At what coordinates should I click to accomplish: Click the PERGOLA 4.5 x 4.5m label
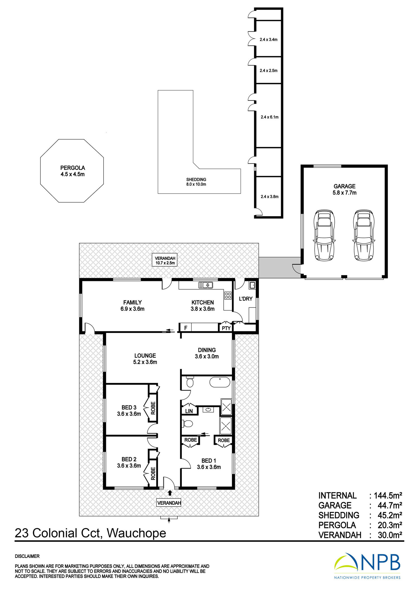click(73, 171)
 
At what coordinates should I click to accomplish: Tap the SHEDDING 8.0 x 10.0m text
click(196, 182)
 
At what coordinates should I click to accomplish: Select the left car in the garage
click(324, 236)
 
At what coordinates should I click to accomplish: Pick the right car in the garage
click(364, 236)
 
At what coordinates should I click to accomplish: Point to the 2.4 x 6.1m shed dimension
click(270, 117)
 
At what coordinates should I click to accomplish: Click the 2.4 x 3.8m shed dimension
click(270, 196)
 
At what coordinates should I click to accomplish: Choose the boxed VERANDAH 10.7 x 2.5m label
click(165, 260)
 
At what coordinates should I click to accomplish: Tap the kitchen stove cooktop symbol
click(228, 295)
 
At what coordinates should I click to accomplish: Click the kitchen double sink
click(206, 285)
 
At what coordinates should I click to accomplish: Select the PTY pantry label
click(226, 328)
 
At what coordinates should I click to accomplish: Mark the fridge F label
click(186, 328)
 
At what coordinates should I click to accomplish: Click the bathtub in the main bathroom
click(220, 382)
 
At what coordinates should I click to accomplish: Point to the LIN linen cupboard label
click(189, 411)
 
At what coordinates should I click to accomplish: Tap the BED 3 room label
click(129, 408)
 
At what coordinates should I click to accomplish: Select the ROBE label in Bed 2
click(153, 474)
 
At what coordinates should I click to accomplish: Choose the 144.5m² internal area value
click(388, 495)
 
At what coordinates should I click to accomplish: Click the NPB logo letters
click(380, 562)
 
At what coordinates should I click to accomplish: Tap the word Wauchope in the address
click(137, 533)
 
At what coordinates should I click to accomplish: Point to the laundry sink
click(252, 285)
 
